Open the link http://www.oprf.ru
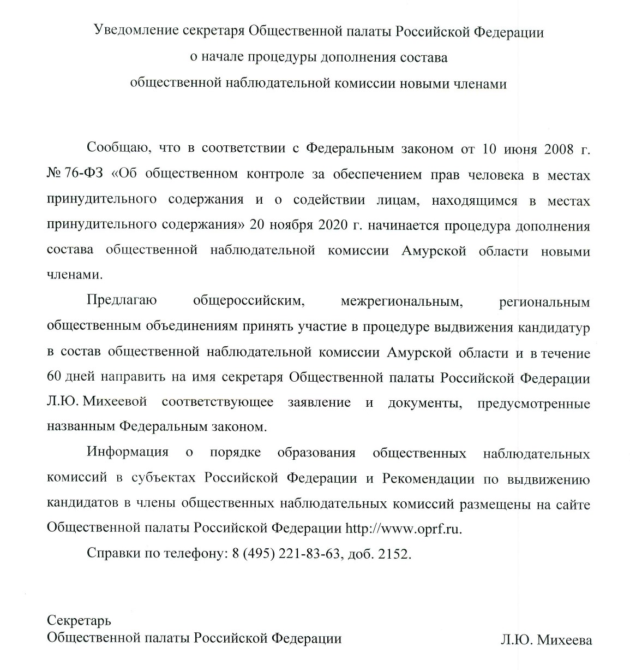coord(404,528)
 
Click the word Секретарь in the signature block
coord(80,620)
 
